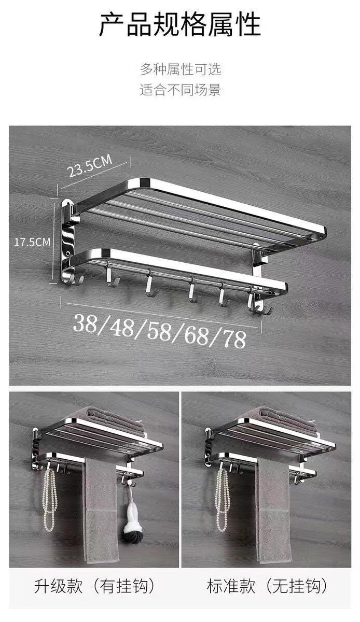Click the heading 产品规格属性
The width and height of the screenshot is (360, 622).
[180, 24]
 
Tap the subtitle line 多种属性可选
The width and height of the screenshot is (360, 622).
[181, 69]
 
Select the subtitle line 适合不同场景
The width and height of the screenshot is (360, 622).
[181, 90]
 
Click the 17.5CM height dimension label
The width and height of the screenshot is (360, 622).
[32, 242]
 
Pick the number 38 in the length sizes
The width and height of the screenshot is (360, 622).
[86, 323]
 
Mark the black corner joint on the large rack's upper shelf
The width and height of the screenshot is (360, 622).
[144, 182]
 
